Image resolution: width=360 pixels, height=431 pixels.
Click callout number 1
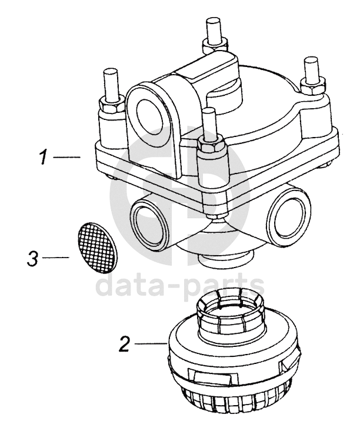click(x=44, y=157)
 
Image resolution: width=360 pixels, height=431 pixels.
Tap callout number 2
click(x=124, y=343)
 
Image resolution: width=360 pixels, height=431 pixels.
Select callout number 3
click(x=32, y=258)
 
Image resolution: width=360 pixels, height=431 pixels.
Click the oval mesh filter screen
click(x=96, y=244)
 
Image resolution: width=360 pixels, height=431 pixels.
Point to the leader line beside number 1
click(x=66, y=157)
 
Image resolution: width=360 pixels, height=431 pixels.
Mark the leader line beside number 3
click(x=55, y=258)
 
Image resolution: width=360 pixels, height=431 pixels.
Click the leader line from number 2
click(x=150, y=343)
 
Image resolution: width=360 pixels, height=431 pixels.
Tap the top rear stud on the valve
click(x=214, y=31)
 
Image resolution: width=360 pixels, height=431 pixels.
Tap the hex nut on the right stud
click(x=313, y=85)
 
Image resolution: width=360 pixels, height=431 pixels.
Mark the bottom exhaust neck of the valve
click(x=225, y=258)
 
